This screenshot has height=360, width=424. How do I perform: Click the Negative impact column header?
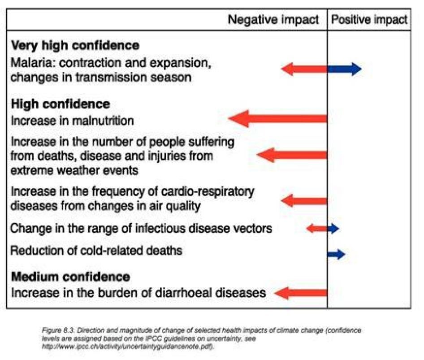pyautogui.click(x=273, y=20)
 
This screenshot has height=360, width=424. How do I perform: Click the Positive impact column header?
pyautogui.click(x=369, y=20)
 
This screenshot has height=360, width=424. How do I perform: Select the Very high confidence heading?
pyautogui.click(x=75, y=45)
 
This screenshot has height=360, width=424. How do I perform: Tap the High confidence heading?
pyautogui.click(x=60, y=104)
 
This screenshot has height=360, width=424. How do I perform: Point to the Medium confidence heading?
pyautogui.click(x=70, y=276)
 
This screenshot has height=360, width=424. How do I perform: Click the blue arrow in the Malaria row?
pyautogui.click(x=344, y=69)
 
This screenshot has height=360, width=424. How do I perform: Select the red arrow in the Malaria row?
pyautogui.click(x=304, y=69)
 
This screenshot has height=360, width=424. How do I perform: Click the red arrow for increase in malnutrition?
pyautogui.click(x=278, y=119)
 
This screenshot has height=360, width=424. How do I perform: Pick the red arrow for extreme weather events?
pyautogui.click(x=292, y=155)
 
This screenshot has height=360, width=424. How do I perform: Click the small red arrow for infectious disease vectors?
pyautogui.click(x=317, y=228)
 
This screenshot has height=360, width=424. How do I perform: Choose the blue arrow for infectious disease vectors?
pyautogui.click(x=333, y=228)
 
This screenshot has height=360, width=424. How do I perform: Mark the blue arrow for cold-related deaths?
pyautogui.click(x=336, y=254)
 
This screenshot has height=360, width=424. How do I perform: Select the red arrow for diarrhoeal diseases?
pyautogui.click(x=301, y=293)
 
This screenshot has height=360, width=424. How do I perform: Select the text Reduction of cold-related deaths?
pyautogui.click(x=96, y=250)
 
